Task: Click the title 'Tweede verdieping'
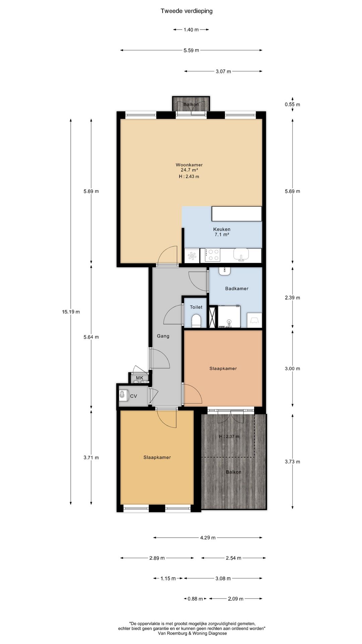(x=186, y=11)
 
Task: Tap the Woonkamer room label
(x=189, y=165)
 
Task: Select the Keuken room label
(x=222, y=229)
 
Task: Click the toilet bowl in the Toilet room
(x=196, y=321)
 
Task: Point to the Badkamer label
(x=237, y=288)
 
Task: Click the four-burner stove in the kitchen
(x=210, y=255)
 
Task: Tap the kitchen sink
(x=241, y=255)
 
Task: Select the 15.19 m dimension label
(x=71, y=312)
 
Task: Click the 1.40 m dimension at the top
(x=191, y=30)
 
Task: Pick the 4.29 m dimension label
(x=208, y=537)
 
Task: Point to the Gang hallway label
(x=163, y=336)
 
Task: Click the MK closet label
(x=139, y=378)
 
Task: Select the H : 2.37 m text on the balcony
(x=229, y=436)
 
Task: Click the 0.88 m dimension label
(x=195, y=599)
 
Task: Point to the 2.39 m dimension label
(x=292, y=298)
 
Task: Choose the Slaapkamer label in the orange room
(x=223, y=368)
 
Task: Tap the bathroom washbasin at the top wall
(x=224, y=271)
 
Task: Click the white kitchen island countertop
(x=237, y=214)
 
